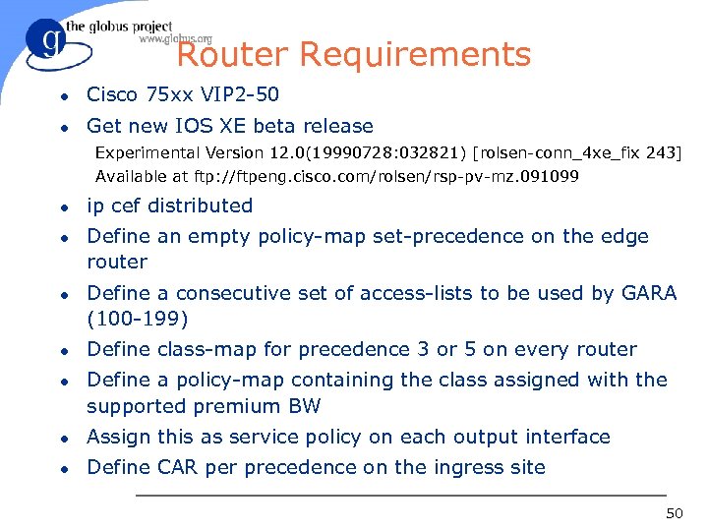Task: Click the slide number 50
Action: tap(674, 514)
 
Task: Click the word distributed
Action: tap(200, 206)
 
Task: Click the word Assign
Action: tap(118, 437)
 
